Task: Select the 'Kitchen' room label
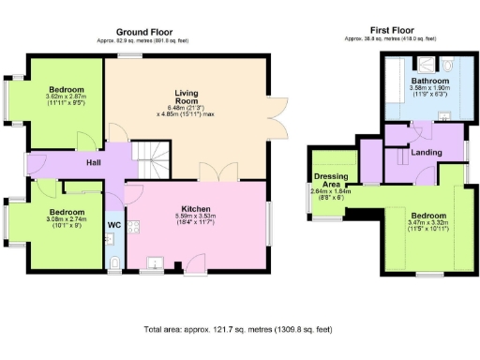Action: coord(196,208)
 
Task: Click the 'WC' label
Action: coord(113,225)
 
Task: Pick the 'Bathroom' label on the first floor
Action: coord(430,82)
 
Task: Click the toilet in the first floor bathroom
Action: coord(449,67)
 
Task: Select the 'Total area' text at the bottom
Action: coord(240,330)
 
